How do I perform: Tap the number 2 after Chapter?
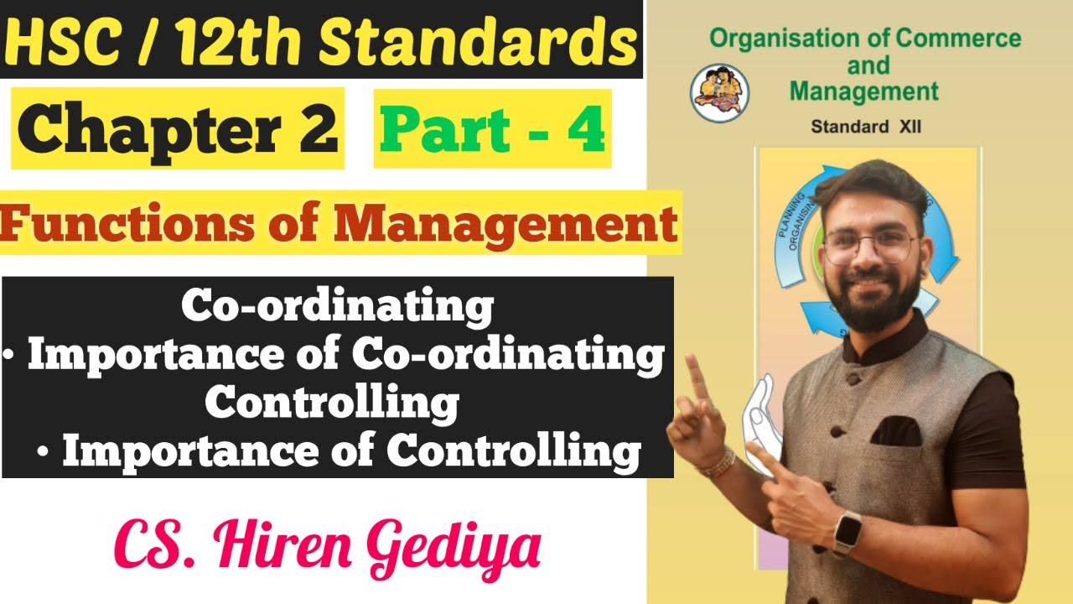(x=316, y=128)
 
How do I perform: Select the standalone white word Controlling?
(x=332, y=403)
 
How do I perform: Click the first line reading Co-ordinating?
(x=337, y=306)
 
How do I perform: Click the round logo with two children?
(x=719, y=93)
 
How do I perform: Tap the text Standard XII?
(x=866, y=127)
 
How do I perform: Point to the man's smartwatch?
(x=848, y=533)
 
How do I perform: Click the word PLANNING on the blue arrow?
(x=790, y=216)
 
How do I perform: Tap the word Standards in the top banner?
(x=477, y=40)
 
